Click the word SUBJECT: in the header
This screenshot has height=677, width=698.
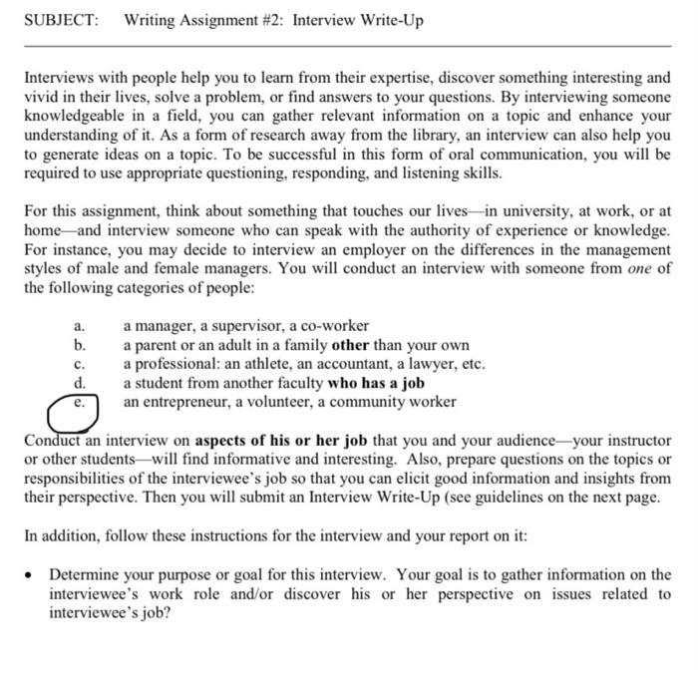[61, 21]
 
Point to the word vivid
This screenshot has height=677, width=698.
[41, 95]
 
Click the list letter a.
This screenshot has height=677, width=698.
[80, 326]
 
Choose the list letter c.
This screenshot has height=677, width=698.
[80, 364]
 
